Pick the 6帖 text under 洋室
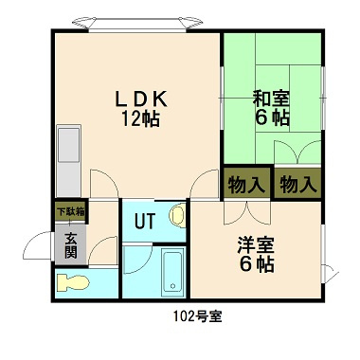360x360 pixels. coord(256,266)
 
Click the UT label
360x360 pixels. coord(143,223)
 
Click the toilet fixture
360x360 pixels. coord(72,282)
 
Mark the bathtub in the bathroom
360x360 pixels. coord(171,272)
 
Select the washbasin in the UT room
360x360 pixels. coord(177,218)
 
